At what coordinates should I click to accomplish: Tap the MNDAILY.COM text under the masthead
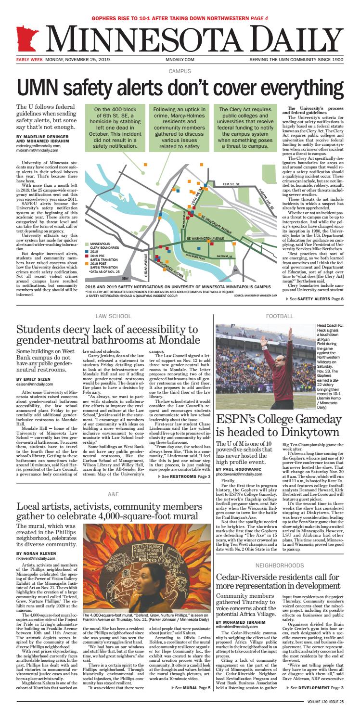point(180,60)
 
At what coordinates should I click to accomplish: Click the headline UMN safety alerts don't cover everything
point(180,87)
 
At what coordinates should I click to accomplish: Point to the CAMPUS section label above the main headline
point(180,71)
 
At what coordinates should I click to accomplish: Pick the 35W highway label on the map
point(126,278)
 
